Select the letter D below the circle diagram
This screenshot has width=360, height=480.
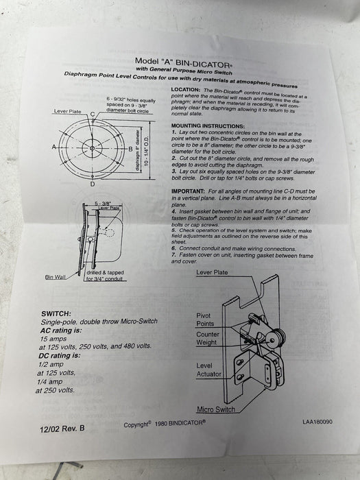tap(93, 184)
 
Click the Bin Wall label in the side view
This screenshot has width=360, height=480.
tap(56, 277)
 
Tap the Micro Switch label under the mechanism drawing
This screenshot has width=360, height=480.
tap(215, 409)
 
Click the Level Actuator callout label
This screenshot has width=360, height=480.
tap(210, 371)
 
